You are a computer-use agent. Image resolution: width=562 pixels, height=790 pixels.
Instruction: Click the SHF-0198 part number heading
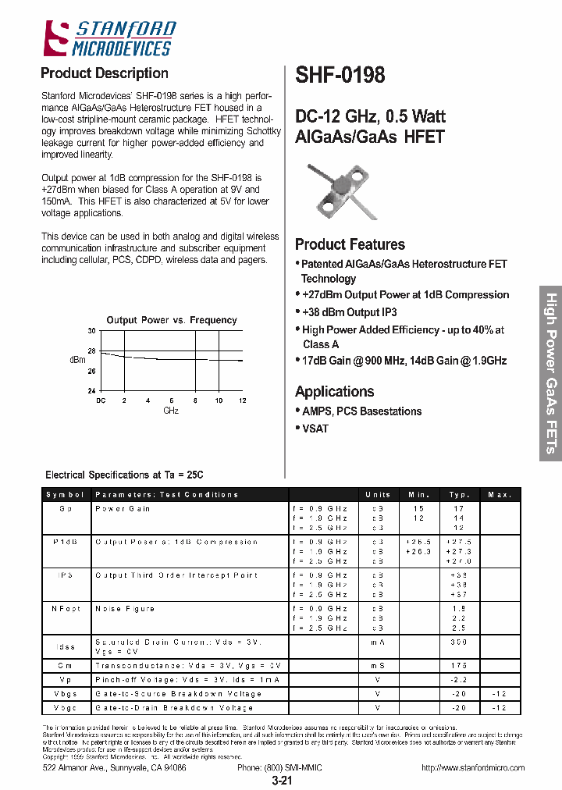pyautogui.click(x=340, y=75)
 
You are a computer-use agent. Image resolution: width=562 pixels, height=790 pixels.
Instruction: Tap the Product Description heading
pyautogui.click(x=104, y=73)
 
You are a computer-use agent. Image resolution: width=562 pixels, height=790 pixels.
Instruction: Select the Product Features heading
pyautogui.click(x=350, y=244)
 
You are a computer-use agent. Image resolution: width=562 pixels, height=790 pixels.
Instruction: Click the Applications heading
pyautogui.click(x=334, y=391)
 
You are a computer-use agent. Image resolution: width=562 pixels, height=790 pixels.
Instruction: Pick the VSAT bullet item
pyautogui.click(x=315, y=429)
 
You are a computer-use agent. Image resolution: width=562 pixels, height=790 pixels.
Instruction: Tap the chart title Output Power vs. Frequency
pyautogui.click(x=172, y=320)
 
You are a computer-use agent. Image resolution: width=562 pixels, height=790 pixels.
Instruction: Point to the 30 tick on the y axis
pyautogui.click(x=91, y=332)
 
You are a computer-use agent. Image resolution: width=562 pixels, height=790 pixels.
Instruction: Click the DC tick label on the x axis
pyautogui.click(x=101, y=400)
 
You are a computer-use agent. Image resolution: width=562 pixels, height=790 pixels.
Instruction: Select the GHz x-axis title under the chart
pyautogui.click(x=171, y=411)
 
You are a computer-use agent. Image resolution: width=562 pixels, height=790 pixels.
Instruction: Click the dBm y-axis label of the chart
pyautogui.click(x=77, y=360)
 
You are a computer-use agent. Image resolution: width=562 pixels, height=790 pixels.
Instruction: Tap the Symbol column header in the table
pyautogui.click(x=66, y=495)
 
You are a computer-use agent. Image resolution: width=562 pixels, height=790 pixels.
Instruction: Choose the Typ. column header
pyautogui.click(x=459, y=495)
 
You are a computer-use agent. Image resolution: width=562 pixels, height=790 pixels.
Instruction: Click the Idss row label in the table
pyautogui.click(x=66, y=646)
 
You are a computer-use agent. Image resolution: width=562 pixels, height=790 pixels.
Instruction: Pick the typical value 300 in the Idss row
pyautogui.click(x=459, y=642)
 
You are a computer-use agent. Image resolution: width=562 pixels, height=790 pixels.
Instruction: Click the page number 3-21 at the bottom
pyautogui.click(x=282, y=781)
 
